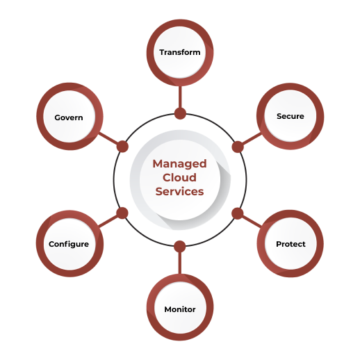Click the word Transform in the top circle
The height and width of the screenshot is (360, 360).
(x=179, y=52)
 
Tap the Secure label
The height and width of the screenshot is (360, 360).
(x=290, y=116)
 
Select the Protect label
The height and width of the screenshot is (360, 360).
(x=290, y=244)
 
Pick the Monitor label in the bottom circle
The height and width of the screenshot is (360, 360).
(x=179, y=309)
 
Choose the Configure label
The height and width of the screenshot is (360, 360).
(x=69, y=244)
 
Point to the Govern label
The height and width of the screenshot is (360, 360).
(x=69, y=117)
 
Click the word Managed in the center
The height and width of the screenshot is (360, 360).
(x=179, y=164)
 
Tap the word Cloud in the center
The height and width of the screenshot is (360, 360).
(x=179, y=177)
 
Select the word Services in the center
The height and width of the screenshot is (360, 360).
(x=179, y=191)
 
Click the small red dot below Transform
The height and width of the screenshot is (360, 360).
(x=180, y=113)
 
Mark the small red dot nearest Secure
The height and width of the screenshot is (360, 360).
(x=236, y=147)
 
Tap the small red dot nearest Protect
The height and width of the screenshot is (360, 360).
(x=236, y=212)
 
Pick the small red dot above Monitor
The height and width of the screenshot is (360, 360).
(x=180, y=245)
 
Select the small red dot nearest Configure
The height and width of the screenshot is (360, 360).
(x=122, y=212)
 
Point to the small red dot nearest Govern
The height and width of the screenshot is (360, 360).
(x=122, y=147)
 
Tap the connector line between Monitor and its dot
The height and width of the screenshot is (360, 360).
(x=180, y=263)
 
